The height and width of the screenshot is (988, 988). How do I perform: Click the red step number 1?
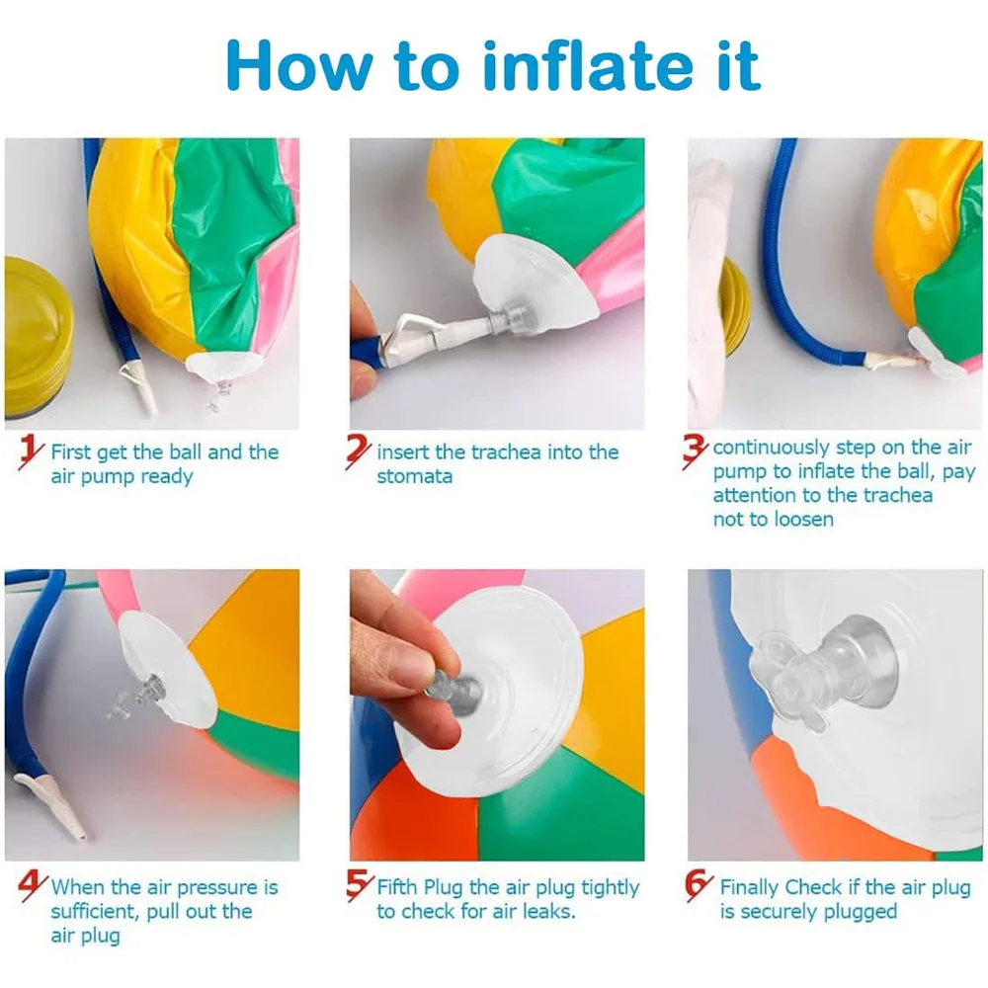pos(33,455)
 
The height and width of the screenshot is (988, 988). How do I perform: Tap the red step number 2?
pos(359,454)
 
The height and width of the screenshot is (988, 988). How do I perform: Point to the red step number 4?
pos(33,887)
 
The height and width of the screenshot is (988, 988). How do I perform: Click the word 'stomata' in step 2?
pos(414,476)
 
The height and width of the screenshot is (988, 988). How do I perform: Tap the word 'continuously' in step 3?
pos(771,448)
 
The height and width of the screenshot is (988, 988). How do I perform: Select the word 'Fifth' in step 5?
pos(399,886)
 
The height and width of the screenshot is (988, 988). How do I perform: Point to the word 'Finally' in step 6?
pos(751,886)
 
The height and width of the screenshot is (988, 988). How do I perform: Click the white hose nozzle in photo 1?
pos(137,384)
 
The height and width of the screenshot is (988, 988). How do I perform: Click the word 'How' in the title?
pos(297,65)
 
